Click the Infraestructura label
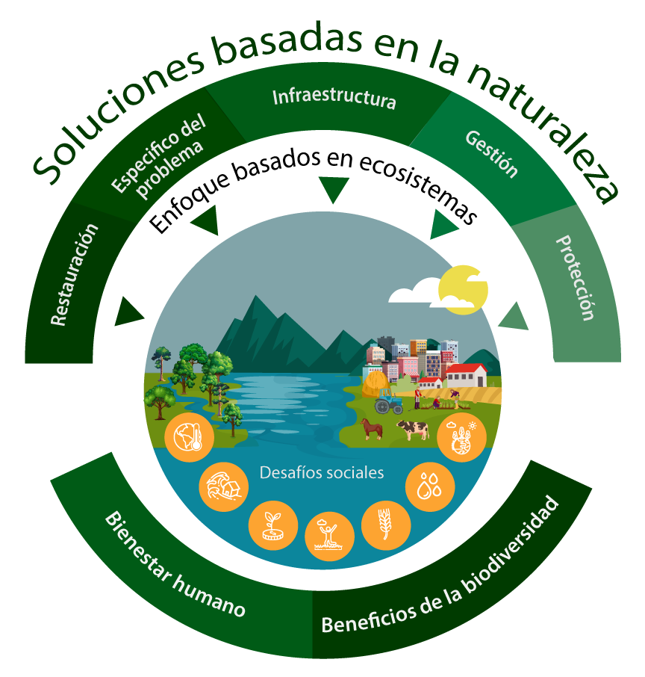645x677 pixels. coord(334,98)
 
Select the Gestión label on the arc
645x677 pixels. coord(491,154)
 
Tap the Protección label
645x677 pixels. coord(576,279)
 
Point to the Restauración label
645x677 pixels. coord(75,274)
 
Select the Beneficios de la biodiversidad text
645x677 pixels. coord(440,566)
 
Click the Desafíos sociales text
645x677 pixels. coord(322,473)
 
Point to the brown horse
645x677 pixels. coord(372,429)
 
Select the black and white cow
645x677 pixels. coord(413,429)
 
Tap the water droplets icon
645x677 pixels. coord(430,487)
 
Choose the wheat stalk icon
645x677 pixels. coord(386,525)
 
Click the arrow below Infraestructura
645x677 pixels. coord(334,188)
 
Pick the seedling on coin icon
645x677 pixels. coord(273,525)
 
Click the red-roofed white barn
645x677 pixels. coord(466,375)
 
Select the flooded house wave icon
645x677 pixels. coord(223,486)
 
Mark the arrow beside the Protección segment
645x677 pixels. coord(514,318)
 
